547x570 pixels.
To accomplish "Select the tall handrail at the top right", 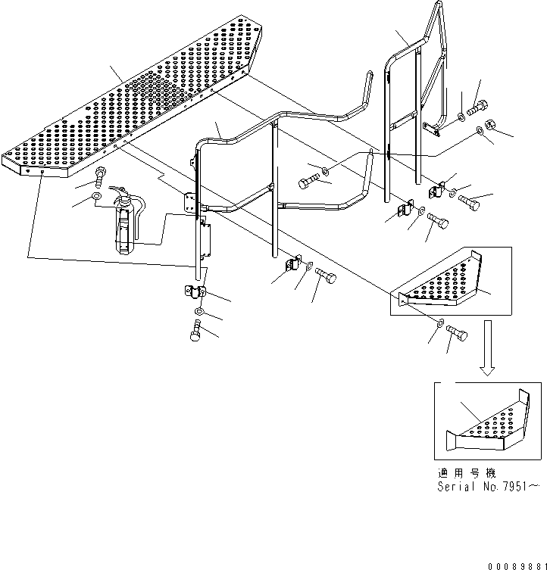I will point(417,91).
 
